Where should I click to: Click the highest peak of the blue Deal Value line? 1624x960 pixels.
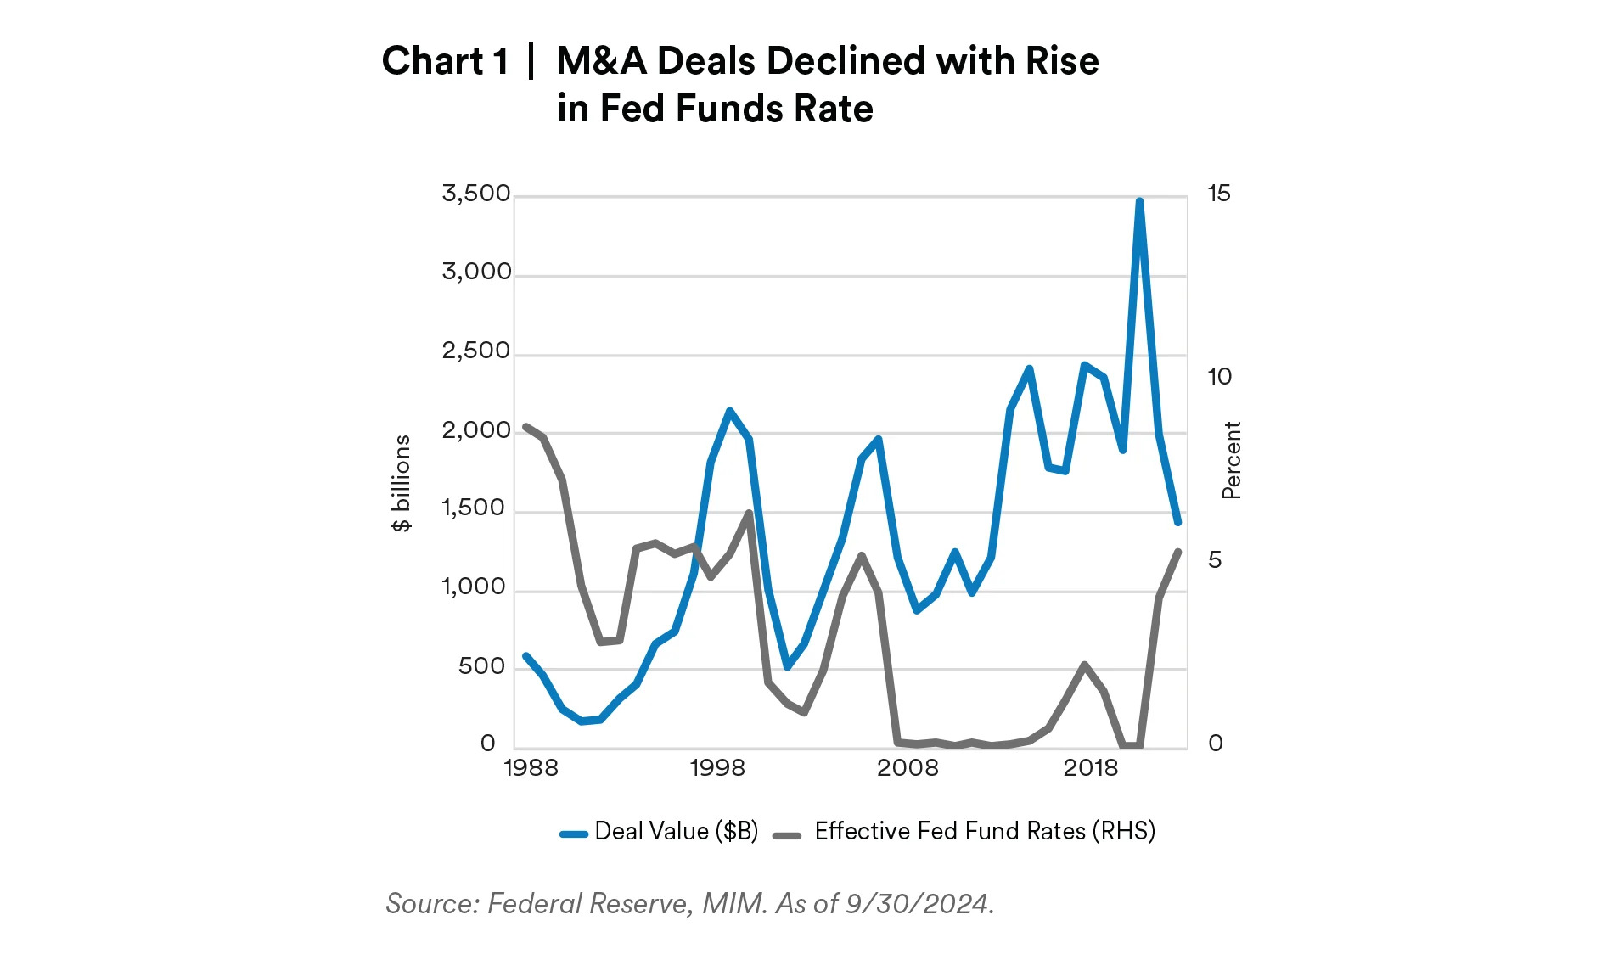[x=1139, y=202]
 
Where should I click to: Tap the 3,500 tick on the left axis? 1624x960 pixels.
[x=475, y=194]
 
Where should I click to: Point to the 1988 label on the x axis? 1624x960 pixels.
[x=531, y=769]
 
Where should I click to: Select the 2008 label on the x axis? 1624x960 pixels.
[x=908, y=769]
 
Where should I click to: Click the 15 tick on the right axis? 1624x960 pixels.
[x=1218, y=194]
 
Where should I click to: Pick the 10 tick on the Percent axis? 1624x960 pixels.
[x=1219, y=377]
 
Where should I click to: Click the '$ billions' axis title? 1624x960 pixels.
[x=402, y=483]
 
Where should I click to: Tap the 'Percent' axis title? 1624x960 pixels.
[x=1232, y=460]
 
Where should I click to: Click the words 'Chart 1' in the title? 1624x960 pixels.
[x=445, y=61]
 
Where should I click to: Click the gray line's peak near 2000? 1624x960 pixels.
[x=749, y=513]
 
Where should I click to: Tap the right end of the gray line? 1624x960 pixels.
[x=1178, y=552]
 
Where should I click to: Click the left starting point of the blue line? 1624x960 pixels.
[x=525, y=655]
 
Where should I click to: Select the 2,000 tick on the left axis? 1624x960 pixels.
[x=475, y=431]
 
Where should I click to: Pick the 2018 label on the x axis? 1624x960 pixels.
[x=1091, y=769]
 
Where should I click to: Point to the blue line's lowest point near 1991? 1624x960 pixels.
[x=582, y=721]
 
